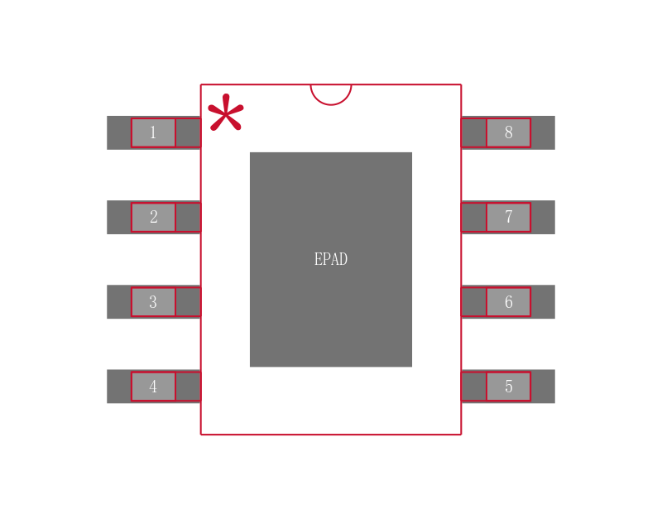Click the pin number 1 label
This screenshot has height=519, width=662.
[153, 132]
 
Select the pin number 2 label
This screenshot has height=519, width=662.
[153, 218]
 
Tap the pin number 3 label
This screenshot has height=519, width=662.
[153, 302]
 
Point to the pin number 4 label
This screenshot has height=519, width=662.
[153, 387]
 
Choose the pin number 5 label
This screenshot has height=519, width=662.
[508, 387]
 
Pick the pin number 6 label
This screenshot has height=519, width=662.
[508, 302]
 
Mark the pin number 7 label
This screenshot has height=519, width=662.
[508, 218]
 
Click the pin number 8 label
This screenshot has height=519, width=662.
[508, 132]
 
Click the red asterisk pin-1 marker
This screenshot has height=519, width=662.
[225, 113]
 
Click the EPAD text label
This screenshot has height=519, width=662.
[331, 259]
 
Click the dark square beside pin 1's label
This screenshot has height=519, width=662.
[188, 132]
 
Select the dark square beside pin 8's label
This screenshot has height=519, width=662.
[473, 132]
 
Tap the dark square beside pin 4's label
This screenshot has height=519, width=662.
[188, 387]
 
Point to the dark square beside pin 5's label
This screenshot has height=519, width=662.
[473, 387]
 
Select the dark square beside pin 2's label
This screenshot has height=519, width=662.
[188, 218]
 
